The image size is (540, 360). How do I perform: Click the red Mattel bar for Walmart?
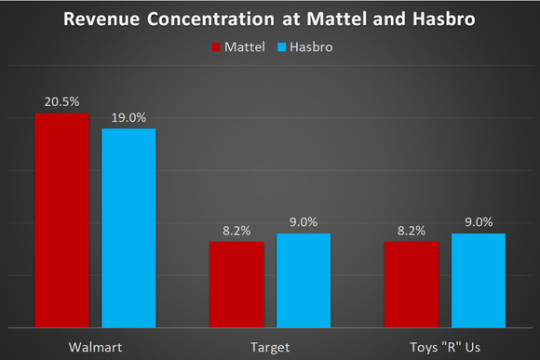(62, 220)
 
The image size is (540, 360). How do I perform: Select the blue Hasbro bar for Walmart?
(128, 228)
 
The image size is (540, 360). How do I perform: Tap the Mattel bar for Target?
(236, 284)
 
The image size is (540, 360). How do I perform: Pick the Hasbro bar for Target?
(304, 280)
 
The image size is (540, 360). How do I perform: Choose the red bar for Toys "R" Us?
(412, 284)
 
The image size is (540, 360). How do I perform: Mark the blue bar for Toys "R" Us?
(479, 280)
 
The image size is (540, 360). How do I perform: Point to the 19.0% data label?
(128, 117)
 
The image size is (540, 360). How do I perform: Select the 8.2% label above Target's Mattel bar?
(236, 230)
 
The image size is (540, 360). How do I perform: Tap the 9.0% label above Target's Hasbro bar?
(304, 221)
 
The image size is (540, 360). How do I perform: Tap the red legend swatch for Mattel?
(214, 45)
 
